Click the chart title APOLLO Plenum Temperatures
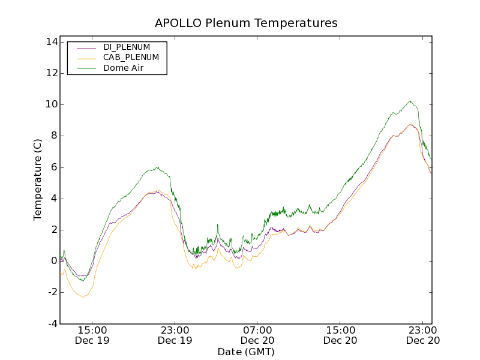[246, 23]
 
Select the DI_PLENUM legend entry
[127, 47]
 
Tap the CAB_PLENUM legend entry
[131, 58]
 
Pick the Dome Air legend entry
[123, 68]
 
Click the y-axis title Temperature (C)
[38, 180]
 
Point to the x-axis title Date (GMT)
[246, 352]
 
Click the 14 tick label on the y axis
[50, 42]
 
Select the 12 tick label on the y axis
[50, 73]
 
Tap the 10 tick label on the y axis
[50, 104]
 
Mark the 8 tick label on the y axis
[53, 136]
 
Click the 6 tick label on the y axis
[53, 167]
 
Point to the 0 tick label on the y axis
[53, 261]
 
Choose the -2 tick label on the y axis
[52, 292]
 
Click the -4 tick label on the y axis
[52, 323]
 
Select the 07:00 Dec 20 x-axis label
[258, 335]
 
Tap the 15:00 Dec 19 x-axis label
[92, 335]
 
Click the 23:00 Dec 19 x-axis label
[175, 335]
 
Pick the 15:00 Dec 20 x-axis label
[341, 335]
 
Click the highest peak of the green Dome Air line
[410, 101]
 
